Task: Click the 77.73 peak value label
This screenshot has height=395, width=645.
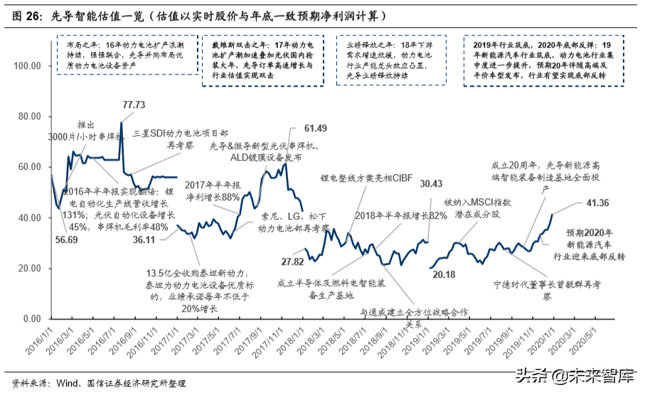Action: pyautogui.click(x=133, y=104)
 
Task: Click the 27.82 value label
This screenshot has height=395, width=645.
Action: pyautogui.click(x=293, y=262)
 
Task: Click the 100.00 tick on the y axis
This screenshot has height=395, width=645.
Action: pyautogui.click(x=27, y=65)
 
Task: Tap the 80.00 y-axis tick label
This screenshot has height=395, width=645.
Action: pyautogui.click(x=29, y=117)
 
